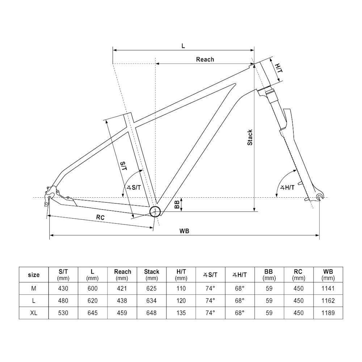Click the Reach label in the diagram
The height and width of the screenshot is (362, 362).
coord(205,59)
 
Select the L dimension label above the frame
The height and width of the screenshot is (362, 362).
coord(183,46)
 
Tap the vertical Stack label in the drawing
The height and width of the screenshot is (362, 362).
coord(250,138)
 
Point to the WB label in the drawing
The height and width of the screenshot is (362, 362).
coord(185,231)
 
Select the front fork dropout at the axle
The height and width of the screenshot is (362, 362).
coord(319,197)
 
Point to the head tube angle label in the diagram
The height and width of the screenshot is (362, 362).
coord(287,188)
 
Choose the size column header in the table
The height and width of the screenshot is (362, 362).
coord(34,275)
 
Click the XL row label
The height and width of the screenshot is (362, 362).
coord(34,313)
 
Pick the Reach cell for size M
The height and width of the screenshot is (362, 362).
coord(122,289)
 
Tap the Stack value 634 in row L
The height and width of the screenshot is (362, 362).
coord(152,300)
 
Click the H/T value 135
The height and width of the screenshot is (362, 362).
coord(181,313)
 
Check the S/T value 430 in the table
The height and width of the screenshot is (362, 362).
coord(63,289)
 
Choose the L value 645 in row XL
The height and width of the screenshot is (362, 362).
coord(93,313)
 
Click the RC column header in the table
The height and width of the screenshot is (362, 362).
coord(298,275)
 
